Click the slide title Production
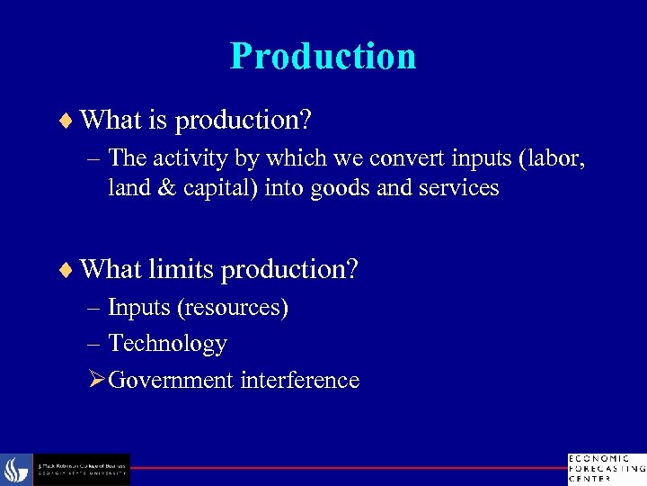point(323,56)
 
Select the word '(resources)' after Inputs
point(234,308)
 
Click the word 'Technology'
point(167,344)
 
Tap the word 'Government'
point(171,380)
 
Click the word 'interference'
point(299,380)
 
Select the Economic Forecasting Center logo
point(606,468)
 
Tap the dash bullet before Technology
point(96,344)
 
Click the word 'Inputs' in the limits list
point(140,308)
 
